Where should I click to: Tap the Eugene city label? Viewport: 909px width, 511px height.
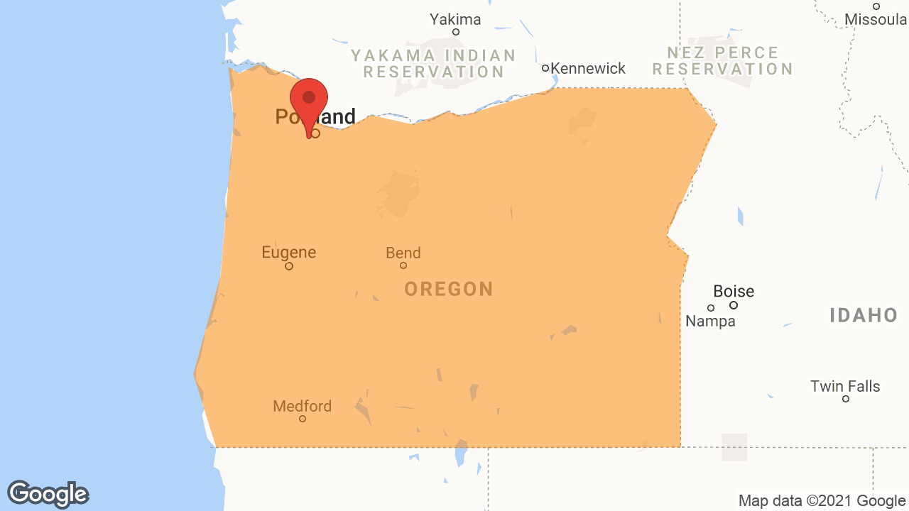coord(288,252)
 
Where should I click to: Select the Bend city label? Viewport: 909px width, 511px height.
coord(403,253)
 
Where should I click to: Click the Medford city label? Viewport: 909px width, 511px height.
coord(302,406)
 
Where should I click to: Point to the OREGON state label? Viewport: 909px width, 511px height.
coord(448,289)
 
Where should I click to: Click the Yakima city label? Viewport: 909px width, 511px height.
coord(455,19)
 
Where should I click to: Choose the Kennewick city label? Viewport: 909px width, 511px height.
coord(588,68)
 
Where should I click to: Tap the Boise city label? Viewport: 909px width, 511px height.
coord(734,291)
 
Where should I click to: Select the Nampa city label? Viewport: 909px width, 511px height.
coord(710,322)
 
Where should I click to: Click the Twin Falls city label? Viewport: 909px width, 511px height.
coord(845,386)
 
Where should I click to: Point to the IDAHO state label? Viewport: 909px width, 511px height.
coord(864,315)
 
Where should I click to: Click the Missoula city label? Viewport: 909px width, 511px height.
coord(876,19)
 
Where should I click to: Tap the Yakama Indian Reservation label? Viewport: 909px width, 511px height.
coord(433,63)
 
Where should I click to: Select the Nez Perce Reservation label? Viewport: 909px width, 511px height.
coord(723,60)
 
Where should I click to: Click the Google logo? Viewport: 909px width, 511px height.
coord(48,494)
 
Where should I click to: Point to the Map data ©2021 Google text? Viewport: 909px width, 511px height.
coord(822,500)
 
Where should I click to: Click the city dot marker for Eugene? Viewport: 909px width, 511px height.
coord(289,266)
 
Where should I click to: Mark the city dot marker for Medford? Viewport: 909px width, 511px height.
coord(303,419)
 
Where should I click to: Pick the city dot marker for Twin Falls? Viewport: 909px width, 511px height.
coord(846,399)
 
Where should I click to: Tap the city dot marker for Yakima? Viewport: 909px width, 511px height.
coord(456,32)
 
